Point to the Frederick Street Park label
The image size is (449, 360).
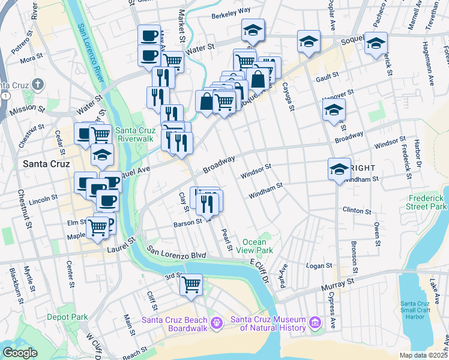pyautogui.click(x=427, y=202)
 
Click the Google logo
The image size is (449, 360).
pyautogui.click(x=20, y=353)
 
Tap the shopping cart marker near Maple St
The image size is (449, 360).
pyautogui.click(x=97, y=227)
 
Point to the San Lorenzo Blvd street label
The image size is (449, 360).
pyautogui.click(x=176, y=254)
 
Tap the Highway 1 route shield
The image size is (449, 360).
pyautogui.click(x=5, y=96)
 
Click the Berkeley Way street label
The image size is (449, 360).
pyautogui.click(x=231, y=10)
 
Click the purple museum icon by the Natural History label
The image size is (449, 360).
pyautogui.click(x=314, y=324)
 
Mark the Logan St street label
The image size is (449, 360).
pyautogui.click(x=319, y=265)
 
